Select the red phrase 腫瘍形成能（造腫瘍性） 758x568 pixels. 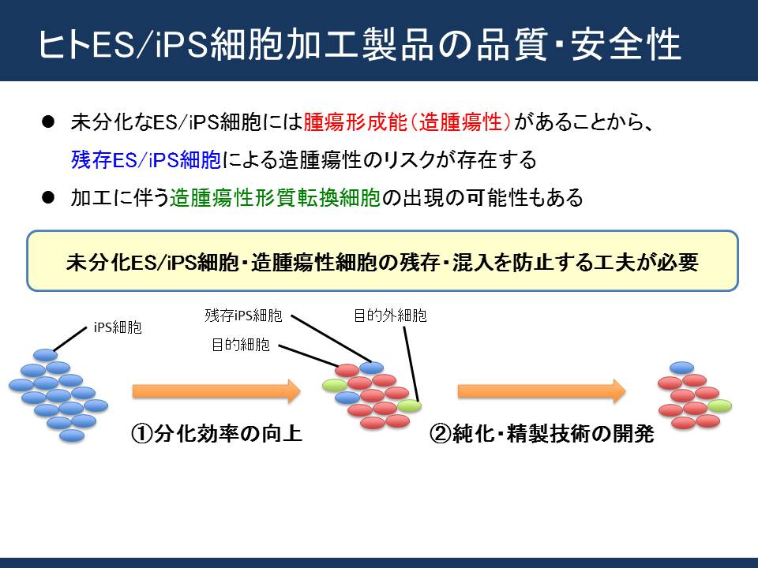(407, 122)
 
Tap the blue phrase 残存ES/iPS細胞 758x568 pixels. (146, 160)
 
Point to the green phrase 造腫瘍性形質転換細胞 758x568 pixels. (275, 197)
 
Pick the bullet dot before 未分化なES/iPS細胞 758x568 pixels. (48, 121)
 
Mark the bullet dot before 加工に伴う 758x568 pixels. (48, 197)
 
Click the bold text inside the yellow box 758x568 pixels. (382, 262)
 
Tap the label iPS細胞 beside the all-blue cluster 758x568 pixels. (118, 327)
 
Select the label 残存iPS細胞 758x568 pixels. (243, 316)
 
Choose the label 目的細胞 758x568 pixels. (240, 345)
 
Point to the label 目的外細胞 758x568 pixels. (390, 316)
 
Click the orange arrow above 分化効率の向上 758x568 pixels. (216, 390)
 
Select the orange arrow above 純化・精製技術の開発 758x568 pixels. (542, 390)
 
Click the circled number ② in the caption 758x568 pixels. (440, 434)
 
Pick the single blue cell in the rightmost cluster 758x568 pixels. (681, 368)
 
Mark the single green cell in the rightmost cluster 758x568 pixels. (719, 405)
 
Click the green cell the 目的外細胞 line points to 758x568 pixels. (409, 405)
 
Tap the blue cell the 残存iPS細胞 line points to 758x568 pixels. (371, 368)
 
